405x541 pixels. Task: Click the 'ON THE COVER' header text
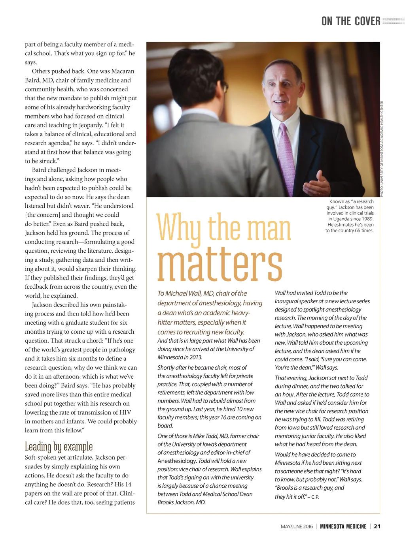(351, 21)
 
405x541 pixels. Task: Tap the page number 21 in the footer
(377, 526)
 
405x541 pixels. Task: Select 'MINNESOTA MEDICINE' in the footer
(343, 526)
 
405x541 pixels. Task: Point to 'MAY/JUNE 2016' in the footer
(297, 526)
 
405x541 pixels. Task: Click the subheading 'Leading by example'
(59, 446)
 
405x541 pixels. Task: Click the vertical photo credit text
(382, 149)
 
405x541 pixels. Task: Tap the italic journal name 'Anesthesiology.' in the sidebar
(177, 461)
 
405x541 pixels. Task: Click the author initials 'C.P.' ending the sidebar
(315, 497)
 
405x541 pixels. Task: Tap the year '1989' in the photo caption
(366, 219)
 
